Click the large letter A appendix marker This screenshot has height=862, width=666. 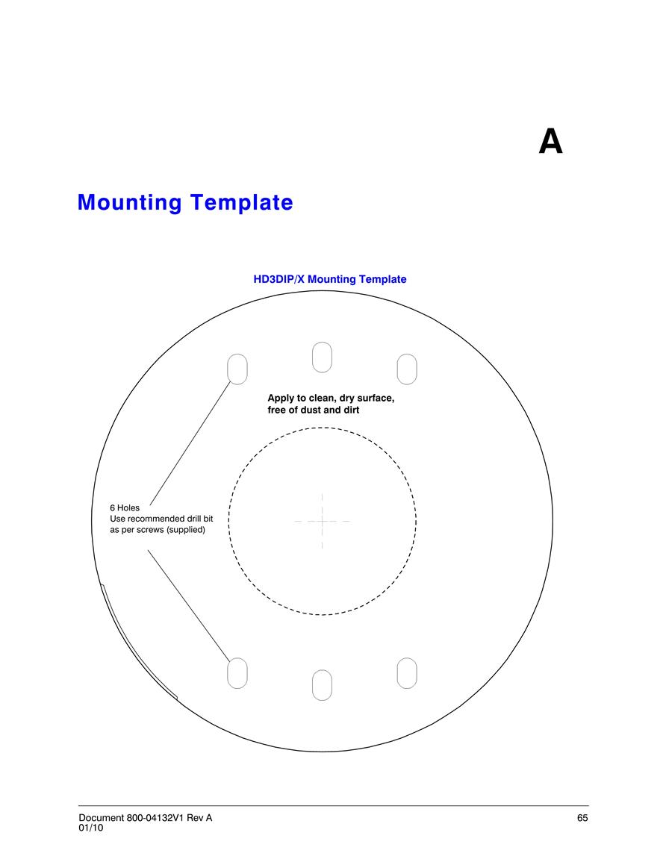coord(550,142)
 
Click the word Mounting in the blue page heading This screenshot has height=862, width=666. coord(129,202)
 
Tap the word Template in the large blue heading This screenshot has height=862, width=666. coord(242,203)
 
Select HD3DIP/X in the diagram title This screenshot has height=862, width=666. coord(278,279)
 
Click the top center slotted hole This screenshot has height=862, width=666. coord(322,357)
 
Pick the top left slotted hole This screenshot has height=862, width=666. coord(237,369)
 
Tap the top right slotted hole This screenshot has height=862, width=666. coord(407,369)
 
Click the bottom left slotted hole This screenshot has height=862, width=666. coord(237,673)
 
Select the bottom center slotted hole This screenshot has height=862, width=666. coord(322,685)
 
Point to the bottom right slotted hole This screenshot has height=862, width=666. coord(407,673)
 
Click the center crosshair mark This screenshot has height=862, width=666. coord(323,521)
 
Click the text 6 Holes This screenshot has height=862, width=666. coord(125,508)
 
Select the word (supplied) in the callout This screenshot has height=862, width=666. coord(186,530)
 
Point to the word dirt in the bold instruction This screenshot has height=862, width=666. coord(350,410)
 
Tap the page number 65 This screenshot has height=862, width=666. coord(582,818)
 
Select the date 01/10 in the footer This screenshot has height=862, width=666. coord(91,828)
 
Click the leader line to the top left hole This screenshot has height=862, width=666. coord(190,443)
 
